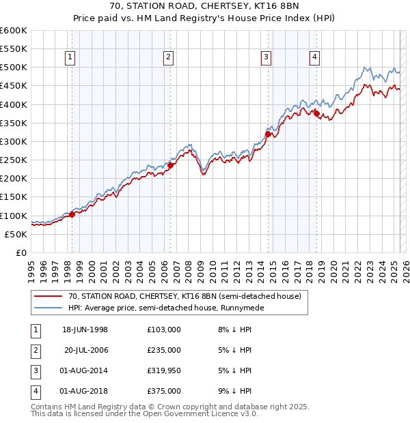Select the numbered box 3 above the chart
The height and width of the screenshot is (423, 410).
[266, 58]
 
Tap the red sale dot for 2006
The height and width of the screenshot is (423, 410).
[170, 164]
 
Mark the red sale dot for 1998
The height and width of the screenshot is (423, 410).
[72, 214]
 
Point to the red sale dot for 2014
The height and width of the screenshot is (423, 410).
[268, 134]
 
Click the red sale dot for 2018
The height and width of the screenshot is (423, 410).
[316, 113]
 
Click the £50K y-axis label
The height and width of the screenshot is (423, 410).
[16, 234]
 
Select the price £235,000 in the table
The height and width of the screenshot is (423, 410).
[164, 350]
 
